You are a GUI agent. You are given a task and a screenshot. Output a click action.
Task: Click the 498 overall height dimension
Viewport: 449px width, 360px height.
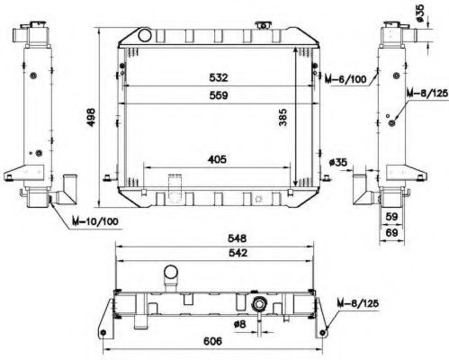91,117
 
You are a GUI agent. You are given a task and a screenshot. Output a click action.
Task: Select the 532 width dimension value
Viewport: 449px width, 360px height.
219,77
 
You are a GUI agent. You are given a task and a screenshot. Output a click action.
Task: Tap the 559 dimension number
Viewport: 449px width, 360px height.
219,95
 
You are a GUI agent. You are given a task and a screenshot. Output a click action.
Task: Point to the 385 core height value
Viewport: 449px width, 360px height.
283,117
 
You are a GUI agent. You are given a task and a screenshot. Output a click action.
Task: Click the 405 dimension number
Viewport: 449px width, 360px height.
218,159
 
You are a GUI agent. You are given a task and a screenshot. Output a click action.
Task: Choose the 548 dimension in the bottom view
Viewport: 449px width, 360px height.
238,238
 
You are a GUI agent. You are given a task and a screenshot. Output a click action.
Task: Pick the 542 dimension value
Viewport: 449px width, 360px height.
238,253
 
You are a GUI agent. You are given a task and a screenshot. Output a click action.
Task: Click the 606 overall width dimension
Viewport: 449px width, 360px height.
212,341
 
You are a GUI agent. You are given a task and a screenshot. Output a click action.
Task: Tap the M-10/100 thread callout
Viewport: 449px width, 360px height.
95,221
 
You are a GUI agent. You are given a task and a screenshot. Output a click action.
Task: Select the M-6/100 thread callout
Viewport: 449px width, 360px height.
346,79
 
